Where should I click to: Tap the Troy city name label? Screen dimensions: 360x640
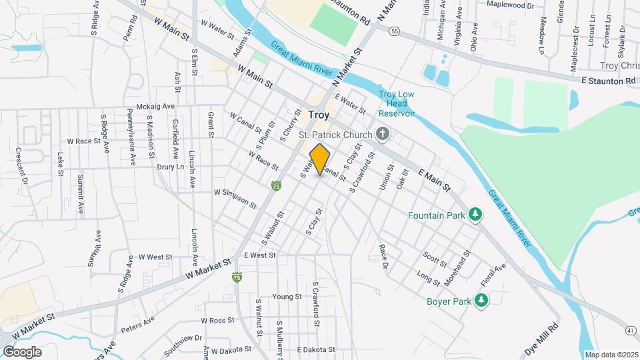[x=319, y=115]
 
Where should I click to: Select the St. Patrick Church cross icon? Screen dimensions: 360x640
[x=383, y=134]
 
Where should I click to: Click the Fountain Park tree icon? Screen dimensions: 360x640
[x=475, y=214]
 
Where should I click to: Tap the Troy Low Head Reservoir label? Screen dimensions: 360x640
[x=397, y=103]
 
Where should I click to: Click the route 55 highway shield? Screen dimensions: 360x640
[x=395, y=31]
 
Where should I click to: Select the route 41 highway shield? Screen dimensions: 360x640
[x=631, y=329]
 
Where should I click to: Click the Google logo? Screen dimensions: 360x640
[x=22, y=352]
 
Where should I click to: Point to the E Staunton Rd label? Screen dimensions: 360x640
[x=609, y=81]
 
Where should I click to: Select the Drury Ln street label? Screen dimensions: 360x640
[x=169, y=167]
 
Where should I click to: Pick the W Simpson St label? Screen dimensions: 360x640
[x=235, y=197]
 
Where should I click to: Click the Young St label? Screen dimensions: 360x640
[x=287, y=297]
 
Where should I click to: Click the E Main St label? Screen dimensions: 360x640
[x=435, y=181]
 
